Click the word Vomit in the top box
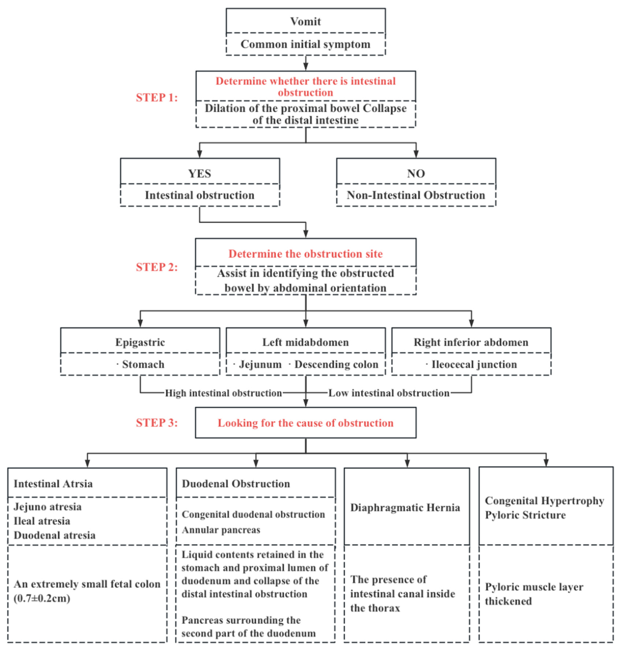(305, 22)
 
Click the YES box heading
(200, 174)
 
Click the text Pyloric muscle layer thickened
(534, 594)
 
